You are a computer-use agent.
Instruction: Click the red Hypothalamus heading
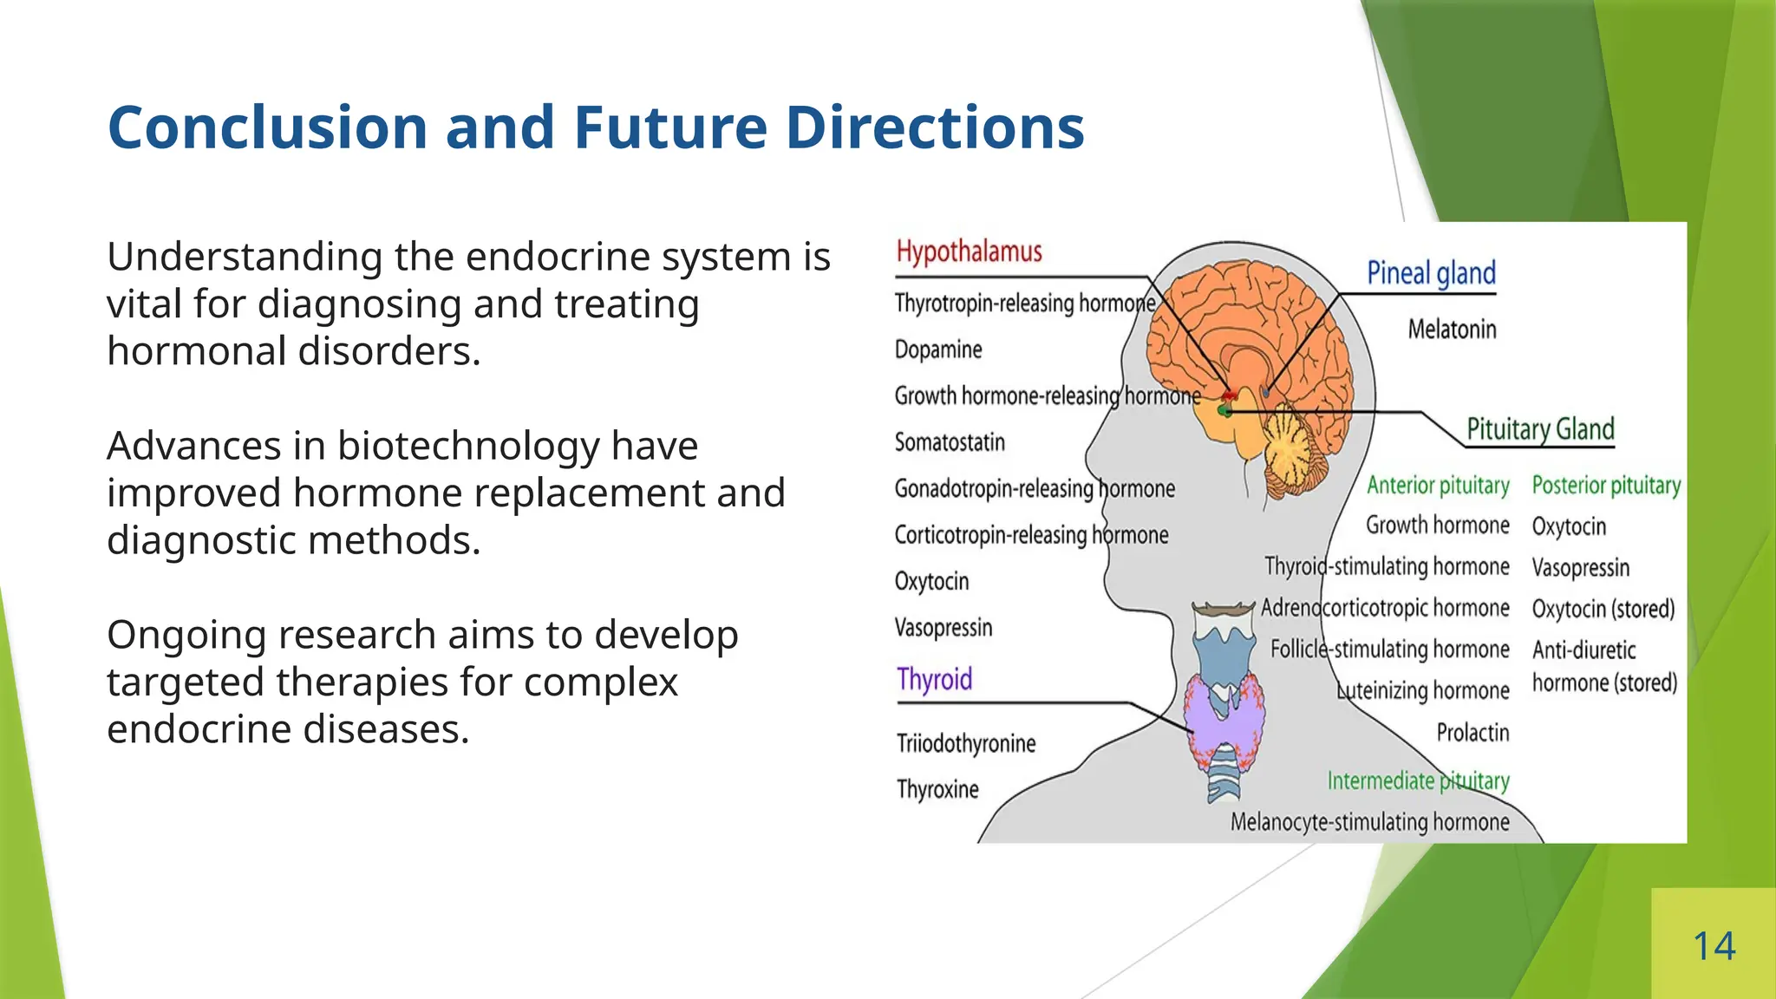point(969,251)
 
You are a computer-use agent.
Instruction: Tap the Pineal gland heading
point(1431,273)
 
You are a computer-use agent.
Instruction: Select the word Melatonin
point(1452,330)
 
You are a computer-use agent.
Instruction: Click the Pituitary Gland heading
point(1540,429)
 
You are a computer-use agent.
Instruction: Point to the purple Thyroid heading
point(934,679)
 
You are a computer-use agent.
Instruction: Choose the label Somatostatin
point(950,442)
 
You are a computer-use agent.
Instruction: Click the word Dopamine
point(938,349)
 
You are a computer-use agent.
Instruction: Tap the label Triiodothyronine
point(966,743)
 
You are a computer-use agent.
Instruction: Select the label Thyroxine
point(937,789)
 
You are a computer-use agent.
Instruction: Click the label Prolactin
point(1472,733)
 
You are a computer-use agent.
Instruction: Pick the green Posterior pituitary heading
point(1606,485)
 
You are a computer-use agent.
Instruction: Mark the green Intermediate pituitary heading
point(1418,781)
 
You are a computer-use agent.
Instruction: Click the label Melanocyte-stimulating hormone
point(1369,822)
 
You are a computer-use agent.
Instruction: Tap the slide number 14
point(1714,946)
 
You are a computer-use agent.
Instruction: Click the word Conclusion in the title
point(268,127)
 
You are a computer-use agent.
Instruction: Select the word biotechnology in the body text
point(468,447)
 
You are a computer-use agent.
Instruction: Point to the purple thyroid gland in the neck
point(1224,719)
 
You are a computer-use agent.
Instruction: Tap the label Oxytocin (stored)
point(1603,609)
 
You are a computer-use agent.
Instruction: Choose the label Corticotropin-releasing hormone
point(1031,535)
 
